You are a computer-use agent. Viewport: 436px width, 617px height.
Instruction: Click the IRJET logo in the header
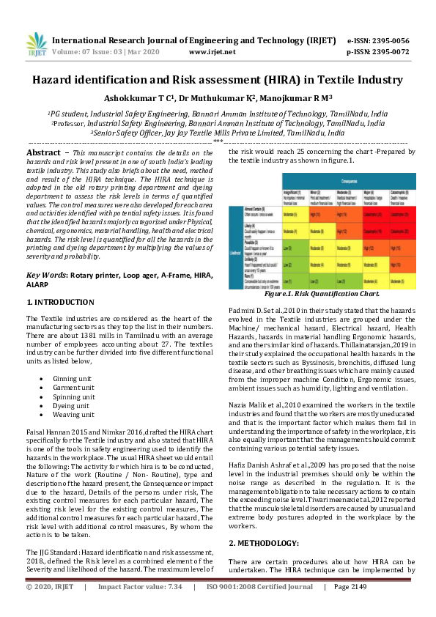(x=36, y=45)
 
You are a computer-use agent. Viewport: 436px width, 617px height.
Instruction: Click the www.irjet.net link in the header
(x=212, y=52)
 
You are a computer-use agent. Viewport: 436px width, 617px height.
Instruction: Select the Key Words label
(x=46, y=275)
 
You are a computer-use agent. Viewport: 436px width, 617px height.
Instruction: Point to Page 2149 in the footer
(x=352, y=607)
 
